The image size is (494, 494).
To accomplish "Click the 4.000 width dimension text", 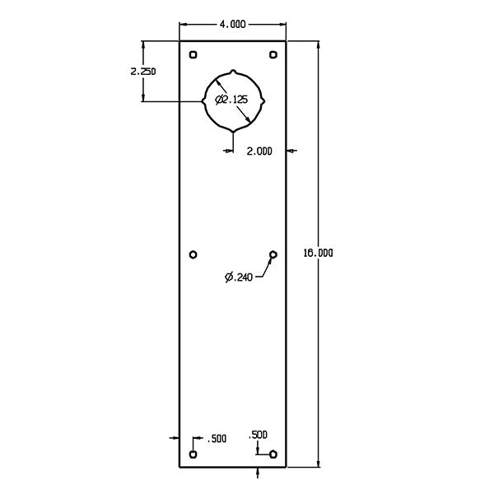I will tap(232, 25).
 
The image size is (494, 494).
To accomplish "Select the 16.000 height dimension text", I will tap(319, 254).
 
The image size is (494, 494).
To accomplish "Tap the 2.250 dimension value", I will tap(142, 71).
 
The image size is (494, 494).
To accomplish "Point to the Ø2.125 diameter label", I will tap(232, 100).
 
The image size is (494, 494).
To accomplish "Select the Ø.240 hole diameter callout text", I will tap(239, 277).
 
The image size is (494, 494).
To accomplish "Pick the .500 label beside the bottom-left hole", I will tap(217, 439).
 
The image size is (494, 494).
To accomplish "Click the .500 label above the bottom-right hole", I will tap(258, 434).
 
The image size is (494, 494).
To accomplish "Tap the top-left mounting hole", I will tap(193, 55).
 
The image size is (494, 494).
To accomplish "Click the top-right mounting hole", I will tap(273, 55).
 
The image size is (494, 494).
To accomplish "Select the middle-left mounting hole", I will tap(193, 254).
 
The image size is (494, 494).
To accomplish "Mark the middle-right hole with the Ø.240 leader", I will tap(273, 254).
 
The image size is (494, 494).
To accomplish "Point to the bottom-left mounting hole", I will tap(193, 454).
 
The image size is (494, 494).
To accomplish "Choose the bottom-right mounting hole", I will tap(273, 454).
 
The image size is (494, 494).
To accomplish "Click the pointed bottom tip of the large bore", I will tap(234, 132).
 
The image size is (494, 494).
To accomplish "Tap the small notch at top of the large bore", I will tap(234, 71).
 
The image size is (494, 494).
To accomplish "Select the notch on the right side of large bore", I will tap(263, 100).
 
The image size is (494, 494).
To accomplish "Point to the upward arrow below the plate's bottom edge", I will tap(259, 472).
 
